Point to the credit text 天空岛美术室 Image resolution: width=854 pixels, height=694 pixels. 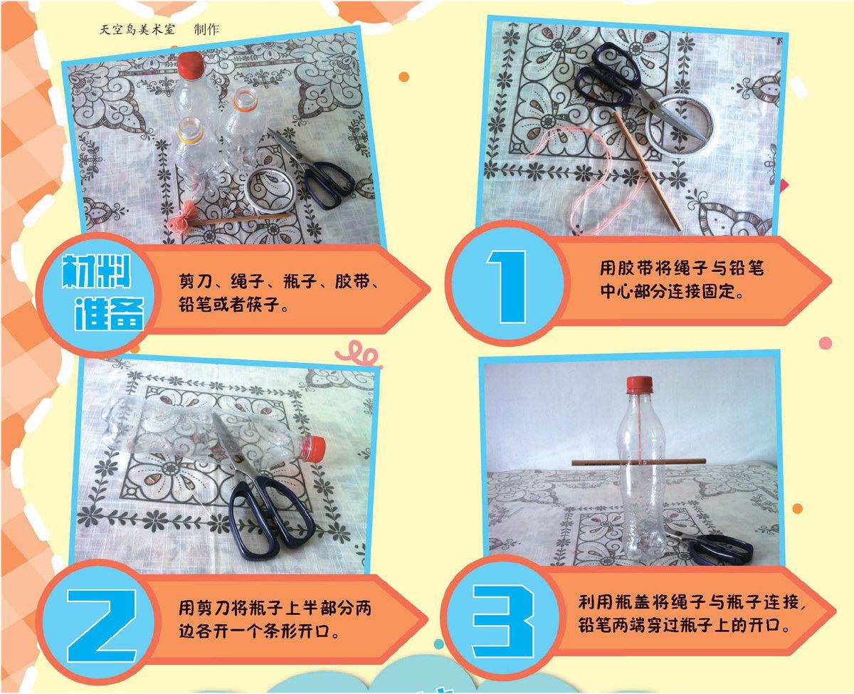[137, 30]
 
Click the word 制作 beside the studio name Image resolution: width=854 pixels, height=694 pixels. [206, 30]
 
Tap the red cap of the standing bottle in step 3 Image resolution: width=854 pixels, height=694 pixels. [640, 385]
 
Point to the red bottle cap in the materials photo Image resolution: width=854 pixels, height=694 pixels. [191, 65]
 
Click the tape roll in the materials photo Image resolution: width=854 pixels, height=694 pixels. [270, 189]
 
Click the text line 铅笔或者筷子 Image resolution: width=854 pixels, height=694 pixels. [234, 305]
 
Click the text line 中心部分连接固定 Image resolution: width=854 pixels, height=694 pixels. [672, 291]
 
